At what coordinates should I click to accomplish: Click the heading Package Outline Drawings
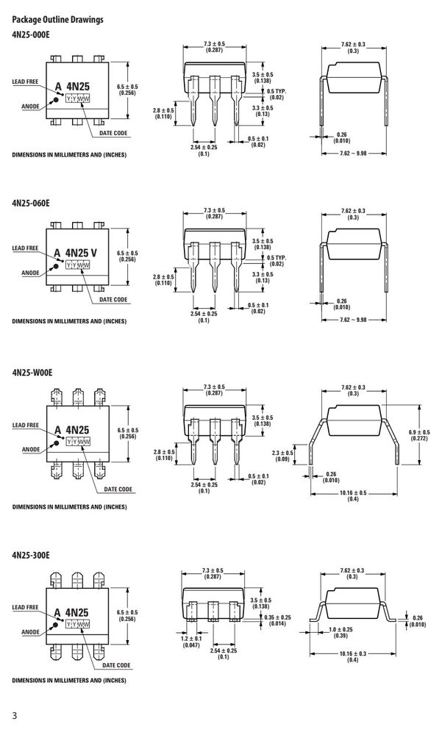(57, 20)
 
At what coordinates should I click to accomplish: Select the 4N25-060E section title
(30, 203)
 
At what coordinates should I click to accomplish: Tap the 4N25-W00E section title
(32, 373)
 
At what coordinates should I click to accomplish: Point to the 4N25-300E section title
(30, 556)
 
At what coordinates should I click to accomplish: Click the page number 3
(15, 716)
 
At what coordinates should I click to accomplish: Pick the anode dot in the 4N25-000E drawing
(55, 100)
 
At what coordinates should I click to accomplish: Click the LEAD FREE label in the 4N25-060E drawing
(25, 248)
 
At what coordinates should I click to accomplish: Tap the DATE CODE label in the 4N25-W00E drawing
(118, 490)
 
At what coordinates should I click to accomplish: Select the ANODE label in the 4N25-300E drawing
(30, 632)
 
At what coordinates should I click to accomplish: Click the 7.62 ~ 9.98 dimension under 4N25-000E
(353, 154)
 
